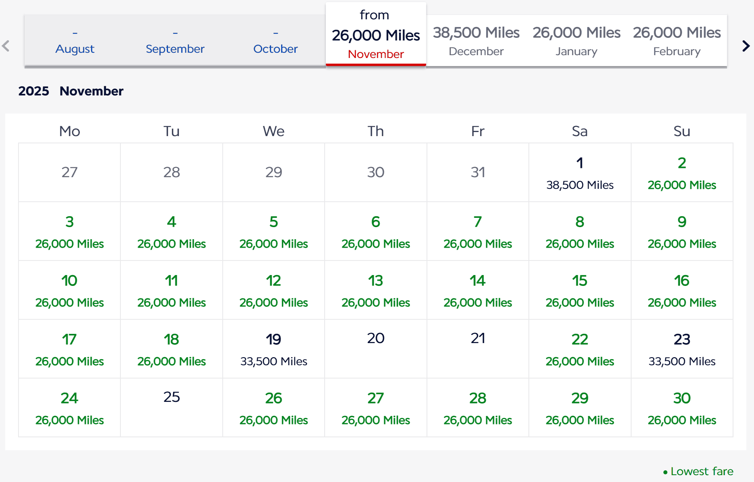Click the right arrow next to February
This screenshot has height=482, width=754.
pos(746,46)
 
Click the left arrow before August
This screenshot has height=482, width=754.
pos(6,46)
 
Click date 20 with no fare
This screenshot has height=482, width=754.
pos(375,339)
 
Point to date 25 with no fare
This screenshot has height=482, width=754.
pos(172,397)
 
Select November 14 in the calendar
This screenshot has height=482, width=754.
pos(478,290)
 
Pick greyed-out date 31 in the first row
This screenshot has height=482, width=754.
pos(478,172)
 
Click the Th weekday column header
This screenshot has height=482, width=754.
pos(375,131)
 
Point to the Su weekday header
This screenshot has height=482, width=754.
pos(681,131)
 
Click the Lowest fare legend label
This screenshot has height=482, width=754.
pos(701,471)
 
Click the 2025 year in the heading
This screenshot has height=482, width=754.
pos(34,91)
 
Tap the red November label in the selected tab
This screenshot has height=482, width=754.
pos(375,54)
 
